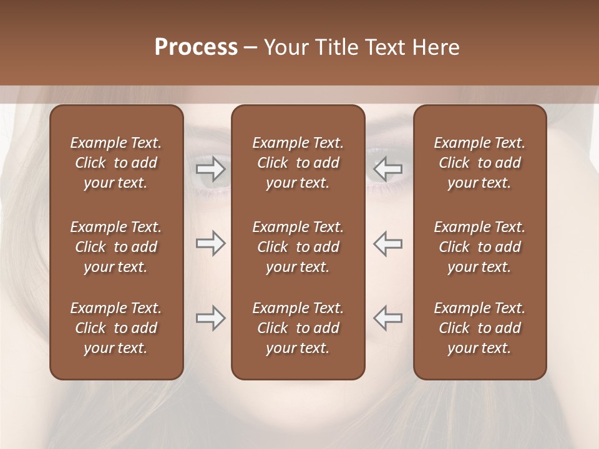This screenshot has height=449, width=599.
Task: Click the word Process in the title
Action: (196, 47)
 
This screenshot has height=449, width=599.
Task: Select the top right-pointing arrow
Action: (210, 169)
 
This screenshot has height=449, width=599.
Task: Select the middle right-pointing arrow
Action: (210, 244)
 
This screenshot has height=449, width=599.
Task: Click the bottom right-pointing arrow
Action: (210, 318)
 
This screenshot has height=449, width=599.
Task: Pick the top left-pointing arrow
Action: (387, 169)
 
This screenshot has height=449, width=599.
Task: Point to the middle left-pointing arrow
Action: (387, 244)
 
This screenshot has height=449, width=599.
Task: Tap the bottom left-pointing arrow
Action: (387, 318)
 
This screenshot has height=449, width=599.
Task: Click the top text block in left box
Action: (116, 163)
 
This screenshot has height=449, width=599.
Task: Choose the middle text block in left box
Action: (116, 247)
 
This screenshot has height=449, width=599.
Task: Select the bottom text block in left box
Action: (116, 328)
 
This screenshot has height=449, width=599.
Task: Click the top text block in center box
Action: (298, 163)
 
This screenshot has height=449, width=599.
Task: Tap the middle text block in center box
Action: (298, 247)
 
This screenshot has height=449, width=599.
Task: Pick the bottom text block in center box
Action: (298, 328)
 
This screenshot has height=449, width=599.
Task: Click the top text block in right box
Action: (480, 163)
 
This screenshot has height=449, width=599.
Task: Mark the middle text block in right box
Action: (480, 247)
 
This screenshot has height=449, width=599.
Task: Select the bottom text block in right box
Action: (480, 328)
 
